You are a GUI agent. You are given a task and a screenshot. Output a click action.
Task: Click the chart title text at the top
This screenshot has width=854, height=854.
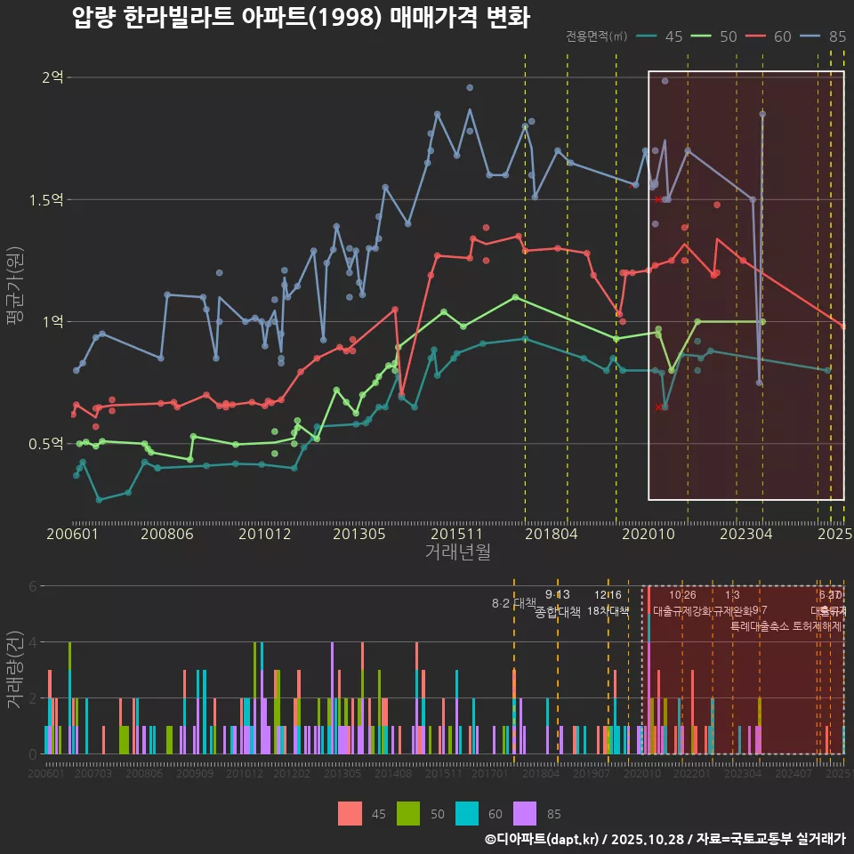pos(301,18)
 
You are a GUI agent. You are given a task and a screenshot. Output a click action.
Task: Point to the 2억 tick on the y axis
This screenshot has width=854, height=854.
pos(52,77)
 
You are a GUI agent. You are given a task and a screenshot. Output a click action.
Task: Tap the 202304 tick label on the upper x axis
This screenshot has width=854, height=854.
pos(745,534)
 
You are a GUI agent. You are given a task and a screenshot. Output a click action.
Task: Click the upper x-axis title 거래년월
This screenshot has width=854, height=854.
pos(457,552)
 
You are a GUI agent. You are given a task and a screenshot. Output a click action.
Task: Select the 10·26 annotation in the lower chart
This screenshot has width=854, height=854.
pos(682,595)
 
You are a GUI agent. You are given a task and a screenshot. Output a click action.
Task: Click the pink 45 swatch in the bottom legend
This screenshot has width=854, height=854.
pos(350,813)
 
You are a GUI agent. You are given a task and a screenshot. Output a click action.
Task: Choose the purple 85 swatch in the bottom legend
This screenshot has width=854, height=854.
pos(526,813)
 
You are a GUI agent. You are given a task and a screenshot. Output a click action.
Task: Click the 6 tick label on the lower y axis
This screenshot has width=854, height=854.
pos(33,586)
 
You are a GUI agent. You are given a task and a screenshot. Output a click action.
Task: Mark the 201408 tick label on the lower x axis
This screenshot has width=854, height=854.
pos(392,774)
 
